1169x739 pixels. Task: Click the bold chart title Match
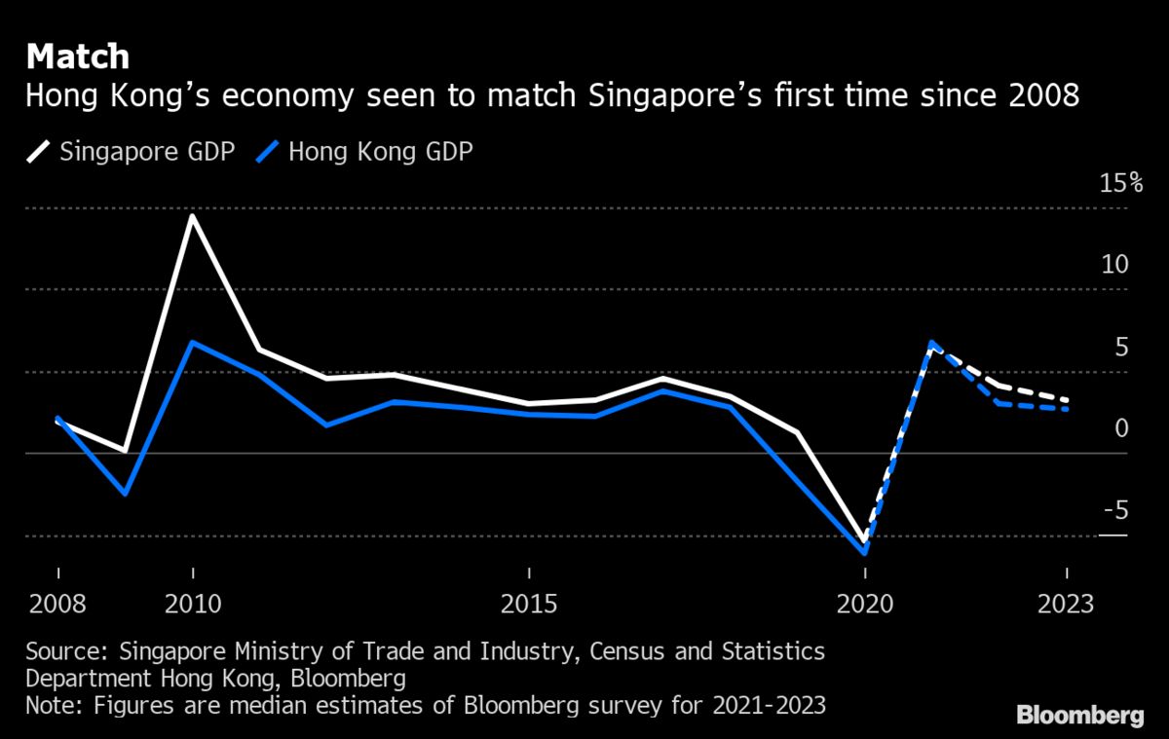coord(78,56)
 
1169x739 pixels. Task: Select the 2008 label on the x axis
coord(57,604)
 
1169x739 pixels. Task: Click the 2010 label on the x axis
coord(193,604)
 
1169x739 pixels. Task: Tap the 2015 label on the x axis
coord(529,604)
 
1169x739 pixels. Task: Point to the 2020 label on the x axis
coord(865,604)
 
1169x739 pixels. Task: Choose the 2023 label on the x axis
coord(1067,604)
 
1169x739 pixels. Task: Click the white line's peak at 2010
coord(193,215)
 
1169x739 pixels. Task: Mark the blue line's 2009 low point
coord(125,494)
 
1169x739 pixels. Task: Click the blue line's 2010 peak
coord(193,342)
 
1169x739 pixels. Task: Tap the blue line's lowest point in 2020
coord(865,552)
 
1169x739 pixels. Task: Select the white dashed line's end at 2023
coord(1069,400)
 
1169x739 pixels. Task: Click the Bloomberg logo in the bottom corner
coord(1080,716)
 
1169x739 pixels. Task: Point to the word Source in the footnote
coord(62,650)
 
